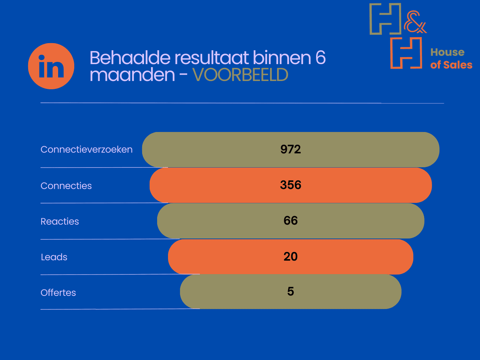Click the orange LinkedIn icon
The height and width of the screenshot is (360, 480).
coord(51,66)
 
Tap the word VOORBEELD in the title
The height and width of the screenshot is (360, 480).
coord(240,75)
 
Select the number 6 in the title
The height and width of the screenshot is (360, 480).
coord(320,58)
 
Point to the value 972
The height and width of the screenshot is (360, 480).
coord(291,149)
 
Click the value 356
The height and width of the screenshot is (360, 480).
coord(291,185)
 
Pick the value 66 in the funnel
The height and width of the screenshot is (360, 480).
coord(291,220)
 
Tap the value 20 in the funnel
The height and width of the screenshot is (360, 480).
coord(291,256)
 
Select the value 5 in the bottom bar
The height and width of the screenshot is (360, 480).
coord(291,291)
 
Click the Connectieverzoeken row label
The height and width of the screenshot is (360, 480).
coord(87,149)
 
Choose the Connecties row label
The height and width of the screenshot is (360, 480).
coord(66,186)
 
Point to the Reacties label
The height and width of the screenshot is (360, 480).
coord(60,221)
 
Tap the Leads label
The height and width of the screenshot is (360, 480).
coord(54,257)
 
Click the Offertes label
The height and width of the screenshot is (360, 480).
coord(58,292)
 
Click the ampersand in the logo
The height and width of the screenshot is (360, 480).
coord(415,22)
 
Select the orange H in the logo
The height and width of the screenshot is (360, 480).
coord(406,53)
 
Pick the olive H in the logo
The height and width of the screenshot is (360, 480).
coord(385,19)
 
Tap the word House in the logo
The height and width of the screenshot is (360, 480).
coord(447,52)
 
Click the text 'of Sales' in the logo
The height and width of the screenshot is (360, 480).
coord(451,65)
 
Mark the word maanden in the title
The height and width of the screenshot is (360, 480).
coord(132,75)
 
